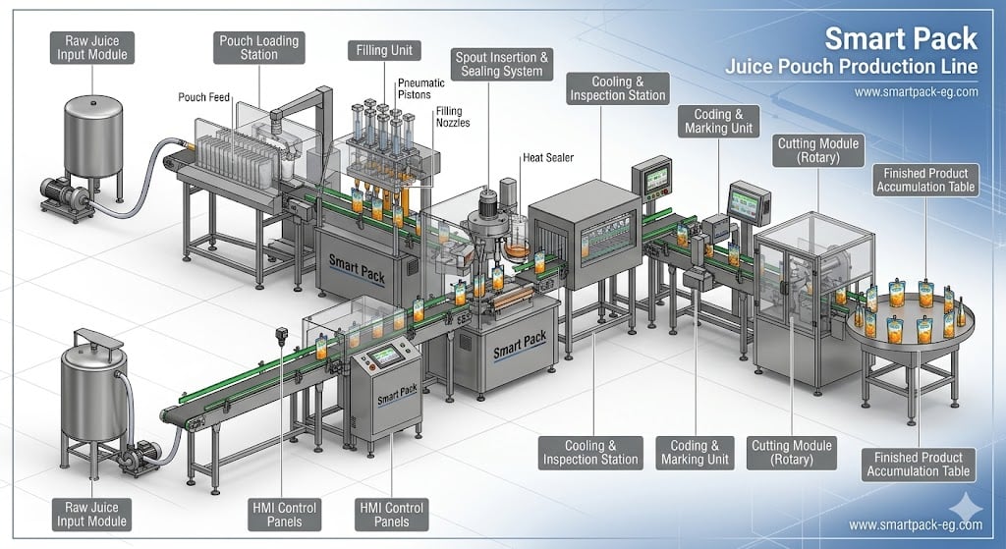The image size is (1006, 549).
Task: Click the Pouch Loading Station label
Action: tap(259, 47)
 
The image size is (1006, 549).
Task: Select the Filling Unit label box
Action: tap(384, 51)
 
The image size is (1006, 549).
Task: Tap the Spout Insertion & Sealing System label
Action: tap(502, 64)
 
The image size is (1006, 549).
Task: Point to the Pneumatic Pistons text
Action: tap(420, 88)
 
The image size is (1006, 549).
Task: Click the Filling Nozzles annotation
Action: tap(453, 117)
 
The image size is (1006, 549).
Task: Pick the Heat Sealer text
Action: tap(548, 157)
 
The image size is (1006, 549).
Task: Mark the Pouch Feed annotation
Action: tap(204, 97)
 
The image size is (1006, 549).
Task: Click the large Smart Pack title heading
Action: tap(901, 38)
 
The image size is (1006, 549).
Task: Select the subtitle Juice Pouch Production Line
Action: tap(852, 67)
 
